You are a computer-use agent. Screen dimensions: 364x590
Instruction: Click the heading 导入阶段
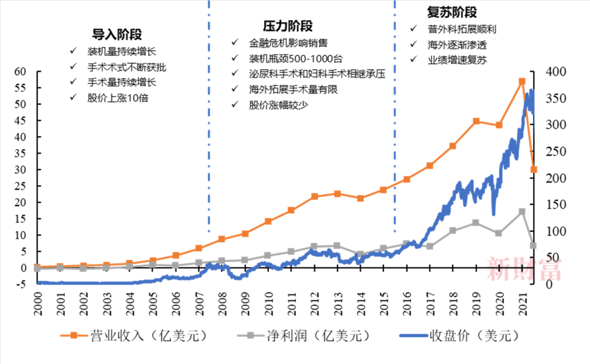pyautogui.click(x=116, y=34)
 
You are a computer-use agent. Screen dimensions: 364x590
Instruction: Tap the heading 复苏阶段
pyautogui.click(x=451, y=12)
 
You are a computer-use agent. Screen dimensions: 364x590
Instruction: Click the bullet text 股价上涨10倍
pyautogui.click(x=118, y=98)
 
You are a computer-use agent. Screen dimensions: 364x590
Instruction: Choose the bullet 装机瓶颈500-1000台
pyautogui.click(x=296, y=58)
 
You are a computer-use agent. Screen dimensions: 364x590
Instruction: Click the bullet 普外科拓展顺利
pyautogui.click(x=462, y=29)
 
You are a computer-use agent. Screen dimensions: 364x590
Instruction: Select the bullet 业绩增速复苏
pyautogui.click(x=457, y=60)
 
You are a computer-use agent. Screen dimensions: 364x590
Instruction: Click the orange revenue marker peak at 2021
pyautogui.click(x=522, y=81)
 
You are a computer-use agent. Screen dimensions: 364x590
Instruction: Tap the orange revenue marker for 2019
pyautogui.click(x=476, y=121)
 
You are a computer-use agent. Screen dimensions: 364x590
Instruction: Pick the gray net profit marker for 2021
pyautogui.click(x=522, y=212)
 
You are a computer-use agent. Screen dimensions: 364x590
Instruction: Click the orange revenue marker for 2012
pyautogui.click(x=314, y=196)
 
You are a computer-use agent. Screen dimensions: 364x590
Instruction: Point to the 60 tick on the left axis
pyautogui.click(x=20, y=72)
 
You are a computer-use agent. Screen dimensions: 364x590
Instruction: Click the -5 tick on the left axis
pyautogui.click(x=20, y=284)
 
